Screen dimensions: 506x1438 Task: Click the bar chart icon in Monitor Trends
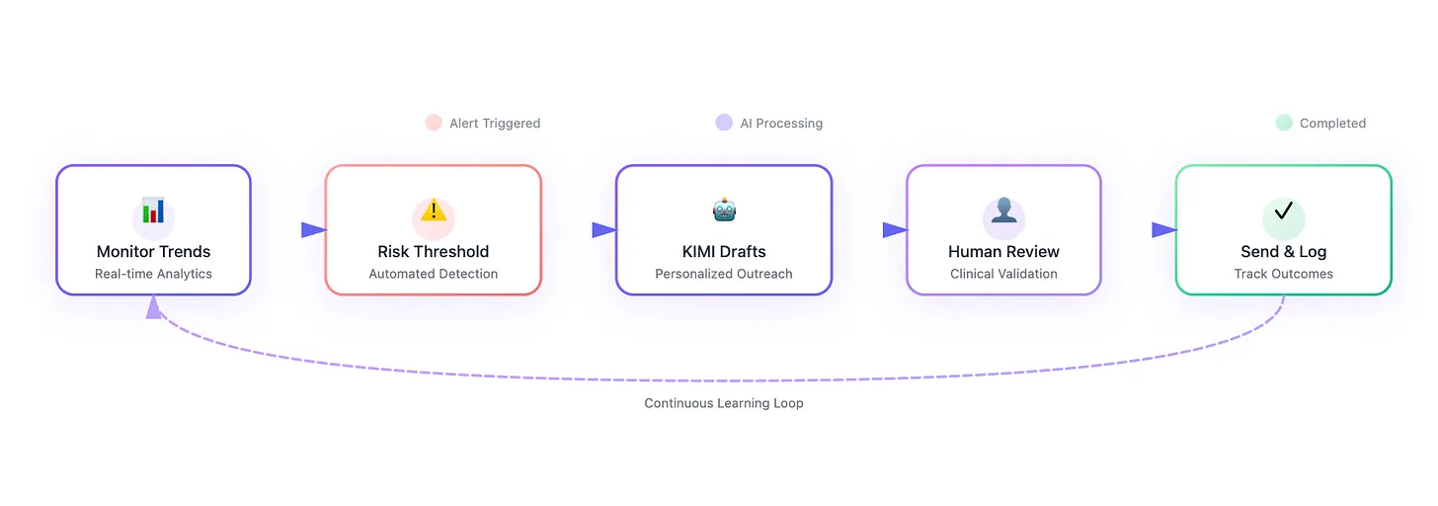(153, 211)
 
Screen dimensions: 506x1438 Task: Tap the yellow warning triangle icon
(434, 211)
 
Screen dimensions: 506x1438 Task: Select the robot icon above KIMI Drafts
(724, 210)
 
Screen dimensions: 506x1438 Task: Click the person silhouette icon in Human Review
(1003, 211)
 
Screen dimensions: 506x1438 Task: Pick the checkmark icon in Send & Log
(1283, 211)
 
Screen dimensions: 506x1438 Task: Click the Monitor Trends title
(153, 251)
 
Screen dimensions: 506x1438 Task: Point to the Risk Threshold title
(434, 251)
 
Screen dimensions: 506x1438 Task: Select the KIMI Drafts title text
(724, 251)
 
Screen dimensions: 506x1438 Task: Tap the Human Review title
(1003, 251)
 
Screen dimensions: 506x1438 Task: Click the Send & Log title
(1283, 251)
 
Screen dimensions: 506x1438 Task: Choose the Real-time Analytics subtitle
(153, 274)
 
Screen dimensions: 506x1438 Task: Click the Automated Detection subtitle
(434, 274)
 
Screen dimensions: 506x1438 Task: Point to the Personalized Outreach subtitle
(724, 274)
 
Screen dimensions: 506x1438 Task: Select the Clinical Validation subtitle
(1003, 274)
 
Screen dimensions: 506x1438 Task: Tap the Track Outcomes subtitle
(1283, 274)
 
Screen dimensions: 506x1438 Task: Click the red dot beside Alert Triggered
(433, 123)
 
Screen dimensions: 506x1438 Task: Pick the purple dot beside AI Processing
(724, 123)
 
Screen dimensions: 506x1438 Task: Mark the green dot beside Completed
(1283, 123)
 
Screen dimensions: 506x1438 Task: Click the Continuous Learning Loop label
(724, 403)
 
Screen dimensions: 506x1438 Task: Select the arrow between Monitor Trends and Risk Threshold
(313, 230)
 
